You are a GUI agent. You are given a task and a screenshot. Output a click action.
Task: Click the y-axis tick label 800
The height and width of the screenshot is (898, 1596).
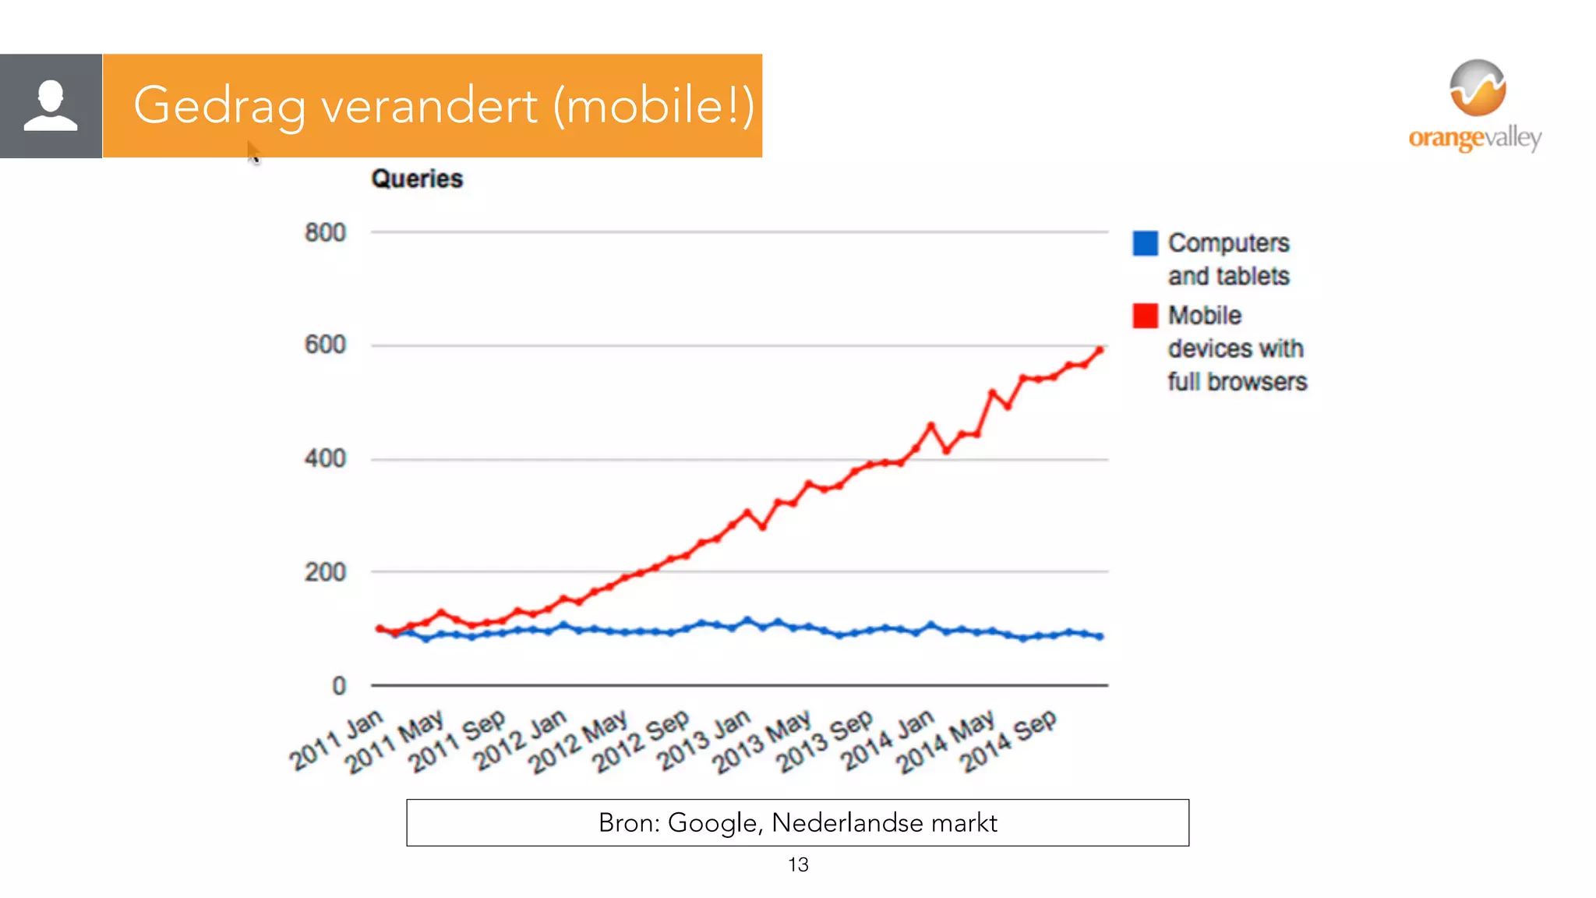pyautogui.click(x=325, y=232)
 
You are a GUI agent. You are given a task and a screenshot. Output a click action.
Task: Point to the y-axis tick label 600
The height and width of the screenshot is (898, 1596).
pyautogui.click(x=325, y=345)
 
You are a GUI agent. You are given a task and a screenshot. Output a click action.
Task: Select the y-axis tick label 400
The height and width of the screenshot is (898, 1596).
pyautogui.click(x=325, y=458)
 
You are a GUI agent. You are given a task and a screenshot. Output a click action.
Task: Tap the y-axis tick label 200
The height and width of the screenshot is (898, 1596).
pyautogui.click(x=325, y=572)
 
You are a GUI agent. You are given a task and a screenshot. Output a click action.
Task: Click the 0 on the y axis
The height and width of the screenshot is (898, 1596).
pyautogui.click(x=339, y=686)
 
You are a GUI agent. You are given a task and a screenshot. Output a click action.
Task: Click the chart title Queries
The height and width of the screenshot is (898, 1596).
pyautogui.click(x=417, y=179)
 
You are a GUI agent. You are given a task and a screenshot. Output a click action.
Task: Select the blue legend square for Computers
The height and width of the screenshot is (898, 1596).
pyautogui.click(x=1145, y=243)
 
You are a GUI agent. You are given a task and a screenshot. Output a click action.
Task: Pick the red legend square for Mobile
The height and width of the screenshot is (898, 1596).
pyautogui.click(x=1145, y=316)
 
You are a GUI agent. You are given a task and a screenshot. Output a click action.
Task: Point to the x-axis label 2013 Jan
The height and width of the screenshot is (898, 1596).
pyautogui.click(x=704, y=740)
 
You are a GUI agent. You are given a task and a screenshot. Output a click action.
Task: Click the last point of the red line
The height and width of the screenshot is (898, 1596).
pyautogui.click(x=1100, y=351)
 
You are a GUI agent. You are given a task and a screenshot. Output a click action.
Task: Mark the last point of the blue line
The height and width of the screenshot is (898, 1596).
pyautogui.click(x=1100, y=637)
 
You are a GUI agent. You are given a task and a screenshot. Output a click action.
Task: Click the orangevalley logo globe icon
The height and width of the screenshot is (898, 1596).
pyautogui.click(x=1478, y=87)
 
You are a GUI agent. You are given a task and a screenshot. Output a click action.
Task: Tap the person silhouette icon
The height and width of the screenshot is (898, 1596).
pyautogui.click(x=51, y=105)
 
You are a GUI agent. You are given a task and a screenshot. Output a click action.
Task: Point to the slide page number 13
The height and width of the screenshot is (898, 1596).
pyautogui.click(x=798, y=864)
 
